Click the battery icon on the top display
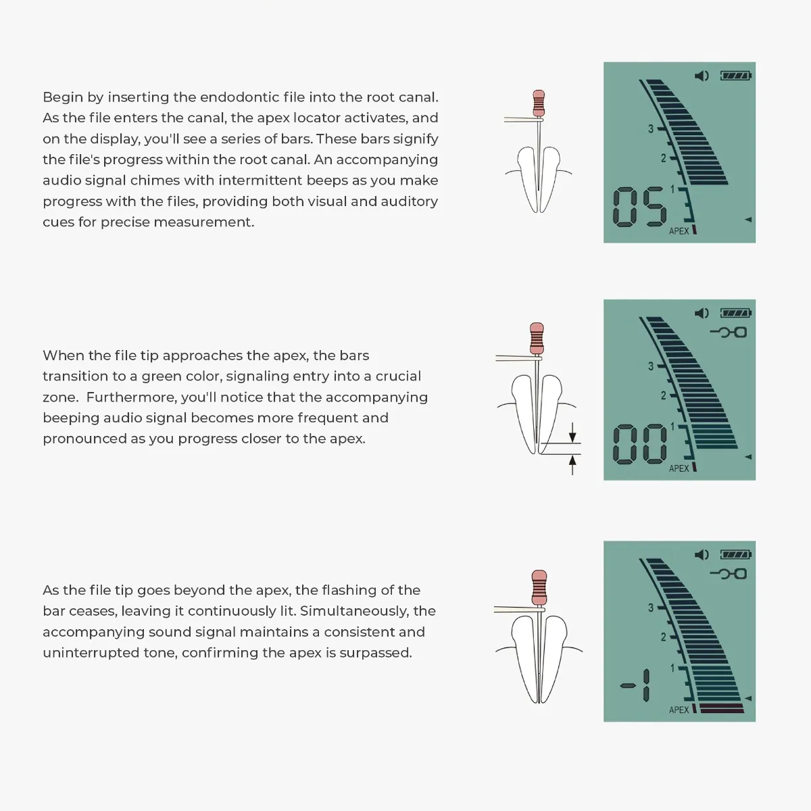pyautogui.click(x=736, y=76)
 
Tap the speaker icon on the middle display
pyautogui.click(x=702, y=313)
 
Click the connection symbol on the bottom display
pyautogui.click(x=729, y=574)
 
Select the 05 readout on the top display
pyautogui.click(x=639, y=207)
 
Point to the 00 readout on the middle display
pyautogui.click(x=639, y=444)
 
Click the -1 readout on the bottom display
pyautogui.click(x=637, y=686)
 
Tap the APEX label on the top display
pyautogui.click(x=679, y=231)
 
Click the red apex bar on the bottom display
pyautogui.click(x=722, y=709)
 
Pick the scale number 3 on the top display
pyautogui.click(x=651, y=128)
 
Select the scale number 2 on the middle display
pyautogui.click(x=663, y=395)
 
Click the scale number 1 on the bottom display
pyautogui.click(x=672, y=668)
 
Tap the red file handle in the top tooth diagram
pyautogui.click(x=539, y=103)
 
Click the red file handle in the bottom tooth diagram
pyautogui.click(x=539, y=587)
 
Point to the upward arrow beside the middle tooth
pyautogui.click(x=572, y=464)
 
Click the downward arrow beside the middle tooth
pyautogui.click(x=572, y=433)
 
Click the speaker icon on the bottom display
pyautogui.click(x=702, y=555)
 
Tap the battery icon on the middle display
pyautogui.click(x=736, y=313)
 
